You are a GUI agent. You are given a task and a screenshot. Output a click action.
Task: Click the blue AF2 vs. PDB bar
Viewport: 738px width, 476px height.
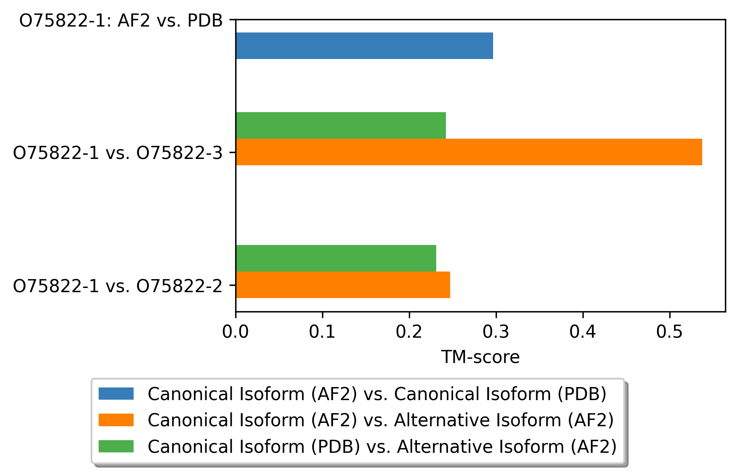(x=365, y=46)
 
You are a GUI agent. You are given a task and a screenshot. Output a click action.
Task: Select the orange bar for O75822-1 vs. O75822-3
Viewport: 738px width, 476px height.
(x=469, y=152)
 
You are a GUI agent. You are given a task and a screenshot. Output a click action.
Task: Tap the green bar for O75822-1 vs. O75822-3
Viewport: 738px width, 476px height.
(x=341, y=125)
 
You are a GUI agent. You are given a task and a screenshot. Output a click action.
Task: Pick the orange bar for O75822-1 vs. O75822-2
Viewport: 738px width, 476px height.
(x=343, y=285)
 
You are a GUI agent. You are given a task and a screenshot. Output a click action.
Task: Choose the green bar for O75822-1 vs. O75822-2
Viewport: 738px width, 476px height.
(x=336, y=258)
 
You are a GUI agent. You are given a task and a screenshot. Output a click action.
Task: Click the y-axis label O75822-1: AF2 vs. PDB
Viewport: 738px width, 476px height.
(x=121, y=20)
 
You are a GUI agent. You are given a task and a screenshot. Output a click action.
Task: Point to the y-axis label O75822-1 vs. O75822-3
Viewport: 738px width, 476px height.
(x=118, y=153)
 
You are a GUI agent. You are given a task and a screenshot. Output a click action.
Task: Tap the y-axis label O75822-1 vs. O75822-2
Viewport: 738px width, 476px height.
(x=118, y=286)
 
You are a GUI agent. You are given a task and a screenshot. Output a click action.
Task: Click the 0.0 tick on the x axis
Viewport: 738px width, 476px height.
(x=236, y=332)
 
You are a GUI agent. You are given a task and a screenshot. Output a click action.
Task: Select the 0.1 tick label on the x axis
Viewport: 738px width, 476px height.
(x=322, y=332)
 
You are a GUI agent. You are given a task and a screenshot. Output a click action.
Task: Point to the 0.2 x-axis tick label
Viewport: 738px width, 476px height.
(x=409, y=332)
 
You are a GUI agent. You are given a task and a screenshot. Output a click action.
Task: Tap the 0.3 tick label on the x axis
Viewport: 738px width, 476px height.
(x=496, y=332)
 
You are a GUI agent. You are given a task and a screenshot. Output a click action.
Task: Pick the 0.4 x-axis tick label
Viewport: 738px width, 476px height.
(x=583, y=332)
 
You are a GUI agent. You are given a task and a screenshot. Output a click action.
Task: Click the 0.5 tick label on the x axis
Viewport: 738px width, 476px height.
(x=670, y=332)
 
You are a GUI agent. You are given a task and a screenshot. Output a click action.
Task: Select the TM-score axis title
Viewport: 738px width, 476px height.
(x=480, y=357)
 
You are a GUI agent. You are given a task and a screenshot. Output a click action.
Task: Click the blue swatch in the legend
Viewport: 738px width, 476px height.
(x=116, y=394)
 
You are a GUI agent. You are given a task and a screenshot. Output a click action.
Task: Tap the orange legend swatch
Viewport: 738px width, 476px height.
(x=116, y=420)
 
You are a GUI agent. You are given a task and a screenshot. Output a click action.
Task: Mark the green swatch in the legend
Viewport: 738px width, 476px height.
(x=116, y=446)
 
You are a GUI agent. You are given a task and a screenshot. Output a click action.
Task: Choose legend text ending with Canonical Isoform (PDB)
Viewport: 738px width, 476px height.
(x=377, y=394)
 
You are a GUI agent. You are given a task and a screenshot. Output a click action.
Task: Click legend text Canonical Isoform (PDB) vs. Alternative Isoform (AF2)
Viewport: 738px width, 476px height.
(x=382, y=446)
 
